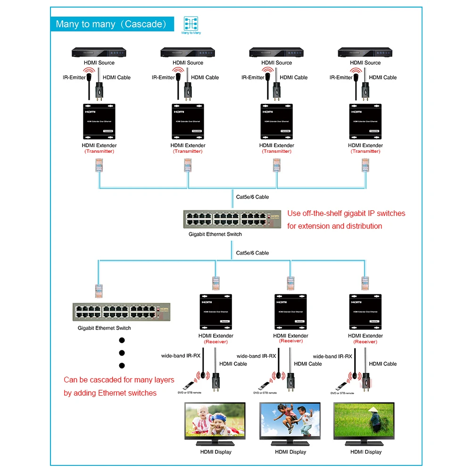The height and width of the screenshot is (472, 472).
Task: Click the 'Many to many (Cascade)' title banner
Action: [x=112, y=24]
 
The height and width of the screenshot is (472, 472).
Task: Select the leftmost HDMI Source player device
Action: [x=99, y=52]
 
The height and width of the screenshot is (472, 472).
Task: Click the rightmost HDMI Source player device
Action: [x=365, y=52]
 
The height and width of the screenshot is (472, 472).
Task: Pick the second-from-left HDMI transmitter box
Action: [x=188, y=121]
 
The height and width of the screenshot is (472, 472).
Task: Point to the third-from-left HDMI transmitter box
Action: [x=277, y=121]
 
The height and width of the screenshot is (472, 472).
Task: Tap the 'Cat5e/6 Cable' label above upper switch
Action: [x=252, y=197]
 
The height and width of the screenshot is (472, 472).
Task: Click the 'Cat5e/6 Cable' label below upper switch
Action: [x=252, y=253]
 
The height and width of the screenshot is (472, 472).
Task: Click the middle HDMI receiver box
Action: [x=291, y=312]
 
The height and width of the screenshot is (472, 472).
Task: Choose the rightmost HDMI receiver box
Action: [x=365, y=312]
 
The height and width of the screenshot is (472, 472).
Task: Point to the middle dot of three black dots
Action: [x=122, y=352]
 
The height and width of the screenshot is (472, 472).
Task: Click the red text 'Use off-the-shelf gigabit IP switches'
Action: [x=346, y=213]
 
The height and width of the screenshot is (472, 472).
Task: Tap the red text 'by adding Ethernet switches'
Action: [x=110, y=393]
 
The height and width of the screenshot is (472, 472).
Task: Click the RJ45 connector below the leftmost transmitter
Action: [x=99, y=165]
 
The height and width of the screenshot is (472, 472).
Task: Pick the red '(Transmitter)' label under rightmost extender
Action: [x=365, y=151]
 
